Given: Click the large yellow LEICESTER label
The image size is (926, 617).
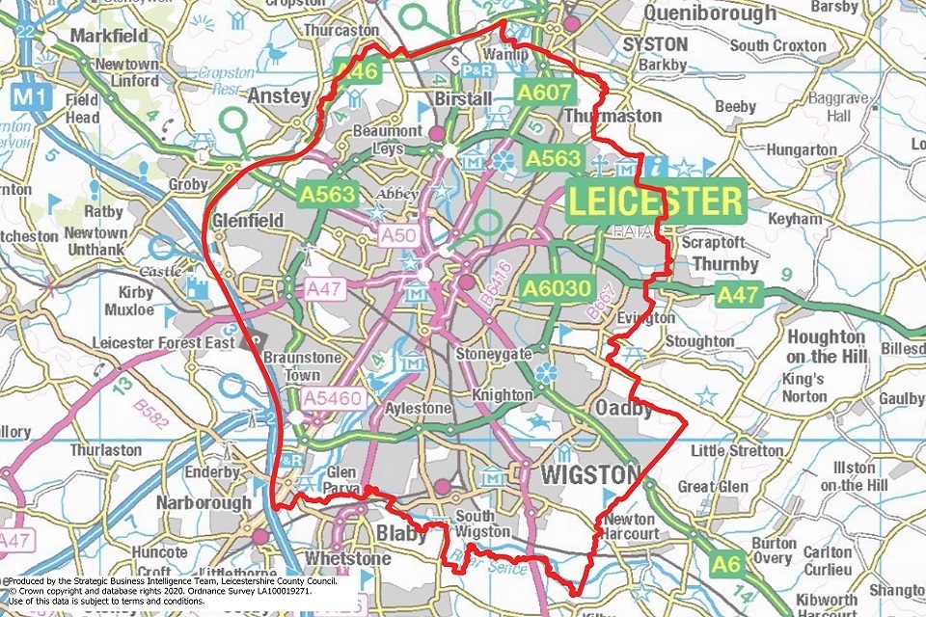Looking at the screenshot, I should [655, 201].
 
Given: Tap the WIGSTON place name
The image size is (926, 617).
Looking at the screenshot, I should [591, 474].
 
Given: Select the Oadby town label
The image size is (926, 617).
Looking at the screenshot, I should [622, 408].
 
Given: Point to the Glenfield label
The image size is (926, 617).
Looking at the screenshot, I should [249, 221].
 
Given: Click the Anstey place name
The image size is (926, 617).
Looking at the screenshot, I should [279, 96].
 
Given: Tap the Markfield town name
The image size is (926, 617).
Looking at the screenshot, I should [108, 37].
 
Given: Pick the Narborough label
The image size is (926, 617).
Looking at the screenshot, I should [204, 502].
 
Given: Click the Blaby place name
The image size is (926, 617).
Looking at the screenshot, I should [400, 534].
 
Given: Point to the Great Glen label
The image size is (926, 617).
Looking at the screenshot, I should [712, 487].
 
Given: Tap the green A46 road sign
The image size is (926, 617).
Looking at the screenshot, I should [357, 69].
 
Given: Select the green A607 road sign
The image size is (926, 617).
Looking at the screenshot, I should [545, 94].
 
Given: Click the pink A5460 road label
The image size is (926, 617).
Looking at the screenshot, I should [333, 398].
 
